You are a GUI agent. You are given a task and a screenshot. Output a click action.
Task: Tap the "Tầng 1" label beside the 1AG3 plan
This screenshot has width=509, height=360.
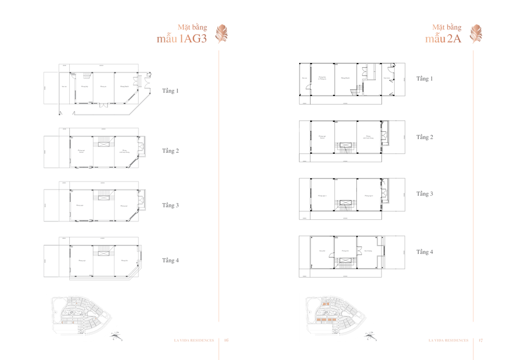(171, 91)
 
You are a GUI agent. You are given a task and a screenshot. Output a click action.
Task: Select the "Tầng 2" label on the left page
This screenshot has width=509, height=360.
(171, 151)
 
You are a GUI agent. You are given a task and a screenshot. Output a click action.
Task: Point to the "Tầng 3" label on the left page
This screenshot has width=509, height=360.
(171, 205)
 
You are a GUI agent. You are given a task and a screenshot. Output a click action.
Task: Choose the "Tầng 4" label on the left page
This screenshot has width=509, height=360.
(171, 260)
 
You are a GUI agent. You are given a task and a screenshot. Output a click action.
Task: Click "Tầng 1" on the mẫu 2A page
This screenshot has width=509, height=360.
(425, 79)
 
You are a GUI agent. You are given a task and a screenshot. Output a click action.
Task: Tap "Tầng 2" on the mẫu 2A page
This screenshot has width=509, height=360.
(425, 137)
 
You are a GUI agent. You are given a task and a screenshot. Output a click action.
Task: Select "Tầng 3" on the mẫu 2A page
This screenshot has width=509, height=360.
(425, 194)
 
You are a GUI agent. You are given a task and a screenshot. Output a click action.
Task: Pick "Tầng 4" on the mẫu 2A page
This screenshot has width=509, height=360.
(425, 252)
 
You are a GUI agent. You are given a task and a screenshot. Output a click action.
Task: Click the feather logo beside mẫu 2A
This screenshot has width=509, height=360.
(476, 34)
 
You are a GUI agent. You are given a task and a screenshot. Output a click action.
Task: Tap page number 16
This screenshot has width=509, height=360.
(227, 340)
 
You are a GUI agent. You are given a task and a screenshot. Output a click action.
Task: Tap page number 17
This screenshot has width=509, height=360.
(481, 340)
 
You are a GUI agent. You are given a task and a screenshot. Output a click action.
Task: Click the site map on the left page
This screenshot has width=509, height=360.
(82, 313)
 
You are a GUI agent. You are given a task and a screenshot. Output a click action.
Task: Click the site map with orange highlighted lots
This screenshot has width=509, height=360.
(336, 313)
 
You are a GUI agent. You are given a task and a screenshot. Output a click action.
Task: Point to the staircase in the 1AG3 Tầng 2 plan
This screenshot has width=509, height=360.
(105, 140)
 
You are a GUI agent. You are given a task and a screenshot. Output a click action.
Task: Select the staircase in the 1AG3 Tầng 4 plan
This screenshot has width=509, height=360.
(105, 250)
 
